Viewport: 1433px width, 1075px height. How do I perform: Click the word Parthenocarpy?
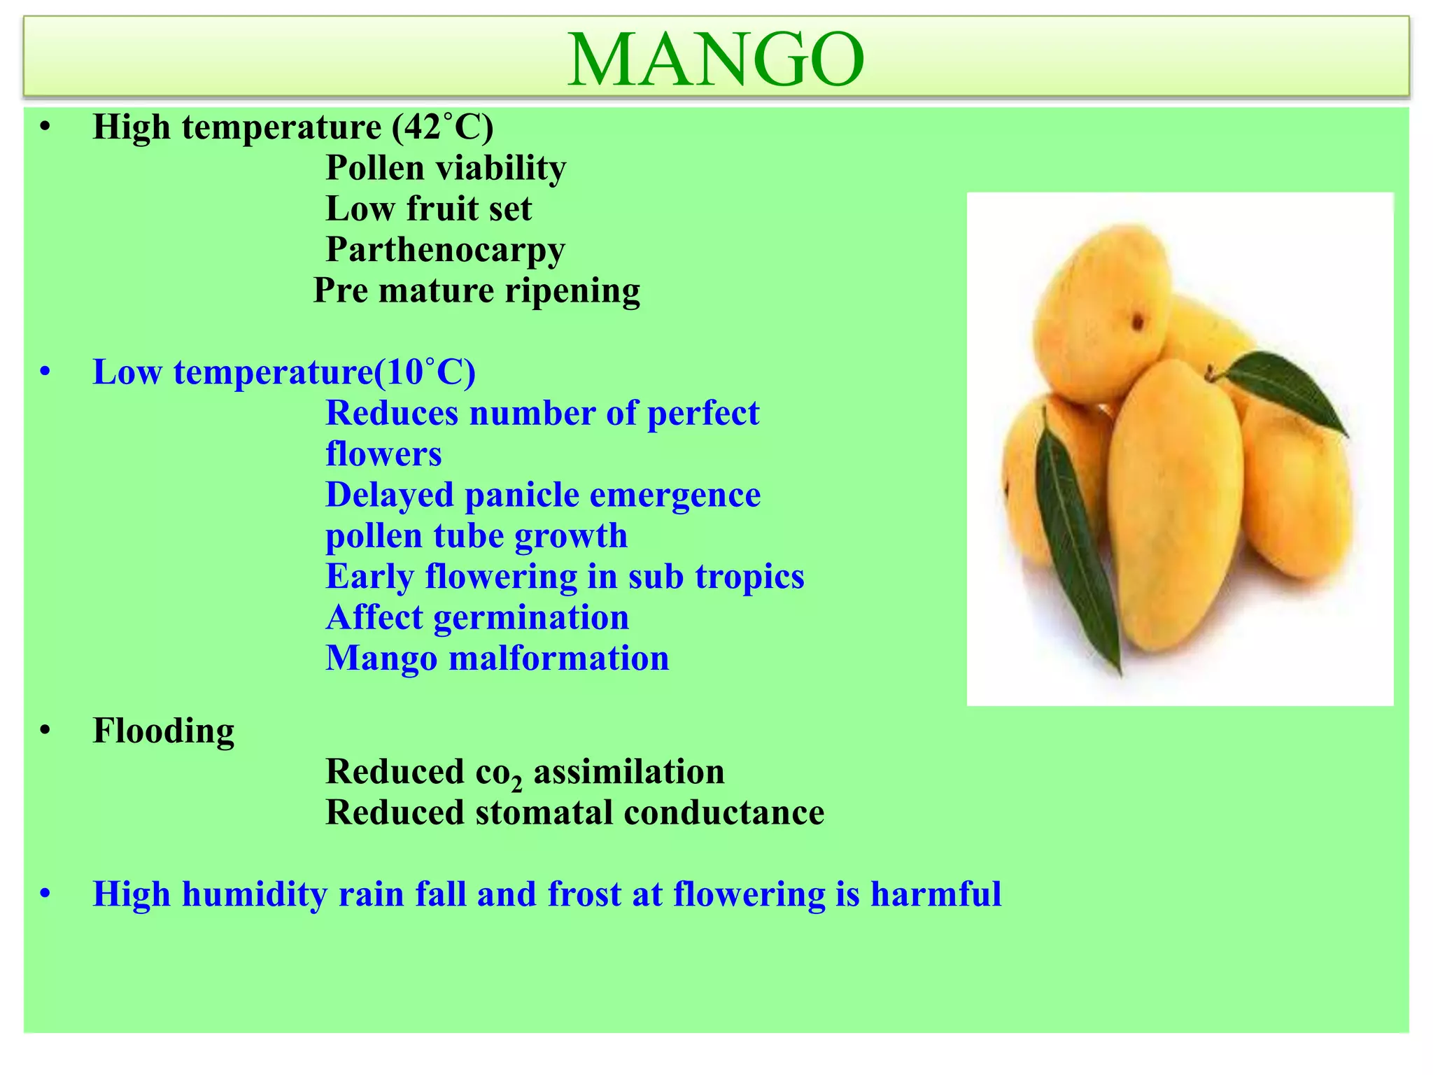(445, 250)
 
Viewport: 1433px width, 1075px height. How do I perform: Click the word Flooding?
(164, 731)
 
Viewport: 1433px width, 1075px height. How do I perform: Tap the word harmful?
(936, 894)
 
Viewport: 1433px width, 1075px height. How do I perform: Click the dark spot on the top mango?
(1138, 323)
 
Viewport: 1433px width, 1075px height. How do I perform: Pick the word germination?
(531, 618)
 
